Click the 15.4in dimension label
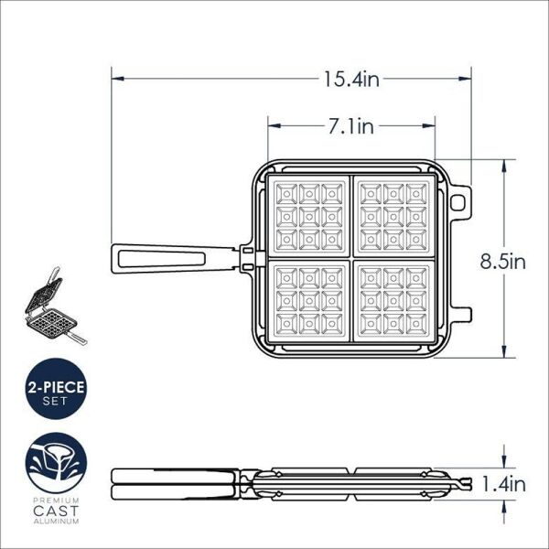(350, 80)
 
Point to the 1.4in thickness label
(504, 484)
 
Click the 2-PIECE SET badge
(56, 392)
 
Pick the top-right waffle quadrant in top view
(393, 215)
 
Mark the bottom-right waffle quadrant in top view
(393, 302)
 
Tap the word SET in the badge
(56, 403)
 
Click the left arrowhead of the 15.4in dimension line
(116, 80)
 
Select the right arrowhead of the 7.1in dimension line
(429, 127)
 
